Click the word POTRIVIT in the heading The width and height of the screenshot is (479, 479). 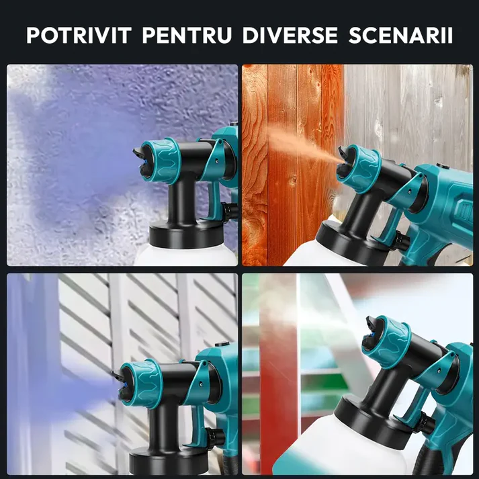tap(79, 35)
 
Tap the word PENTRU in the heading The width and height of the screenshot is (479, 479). tap(187, 35)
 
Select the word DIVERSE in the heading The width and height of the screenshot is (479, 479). tap(290, 35)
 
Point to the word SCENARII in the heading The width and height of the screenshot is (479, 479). tap(400, 35)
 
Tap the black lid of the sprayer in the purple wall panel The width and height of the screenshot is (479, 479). tap(186, 234)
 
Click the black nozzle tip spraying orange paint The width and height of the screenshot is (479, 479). tap(343, 163)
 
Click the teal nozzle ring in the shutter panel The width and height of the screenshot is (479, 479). tap(140, 384)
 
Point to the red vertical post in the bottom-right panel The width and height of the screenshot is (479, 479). tap(278, 374)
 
